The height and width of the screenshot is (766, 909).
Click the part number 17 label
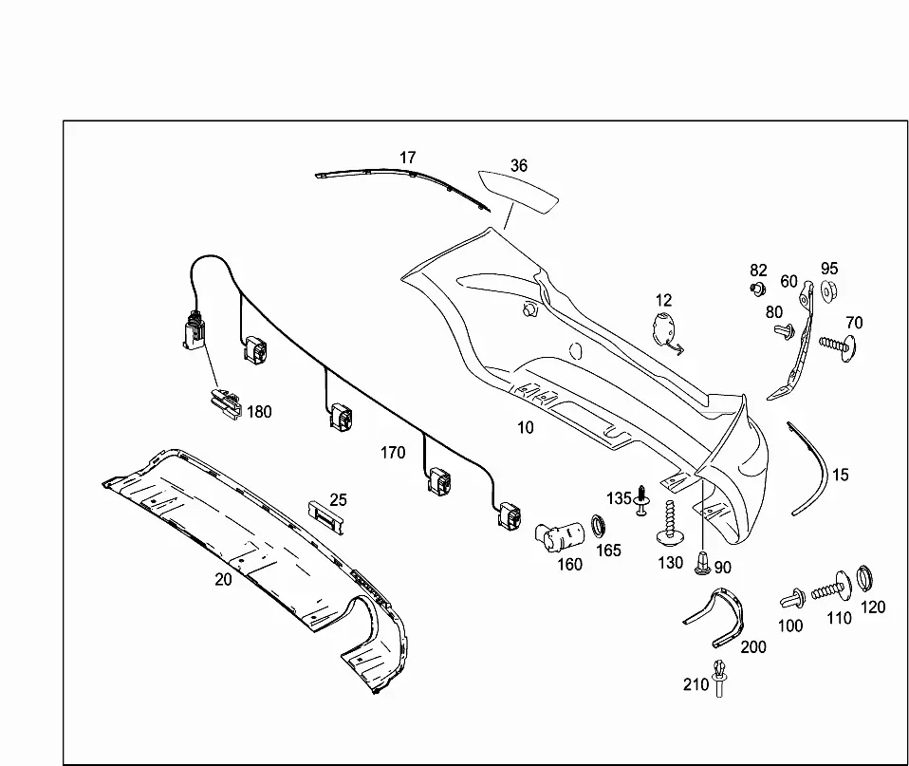click(408, 158)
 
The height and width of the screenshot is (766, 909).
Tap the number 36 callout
click(519, 166)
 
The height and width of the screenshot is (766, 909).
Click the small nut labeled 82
click(757, 289)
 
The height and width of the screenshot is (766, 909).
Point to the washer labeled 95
click(830, 290)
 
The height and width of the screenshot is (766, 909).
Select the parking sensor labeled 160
click(559, 537)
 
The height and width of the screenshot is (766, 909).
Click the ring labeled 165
click(599, 526)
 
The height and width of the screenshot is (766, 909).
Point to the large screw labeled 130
click(671, 524)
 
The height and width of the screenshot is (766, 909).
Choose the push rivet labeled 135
click(641, 500)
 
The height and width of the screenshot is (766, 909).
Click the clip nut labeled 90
click(702, 564)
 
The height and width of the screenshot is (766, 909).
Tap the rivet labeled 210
click(719, 678)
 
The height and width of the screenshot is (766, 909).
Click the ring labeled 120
click(864, 578)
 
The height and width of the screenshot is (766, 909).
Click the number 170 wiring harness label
click(393, 453)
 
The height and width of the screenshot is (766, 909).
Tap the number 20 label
click(223, 579)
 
